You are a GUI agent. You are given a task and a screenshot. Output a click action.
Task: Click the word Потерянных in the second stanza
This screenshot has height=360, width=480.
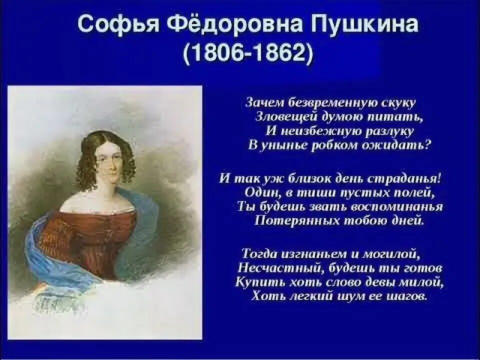290,221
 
